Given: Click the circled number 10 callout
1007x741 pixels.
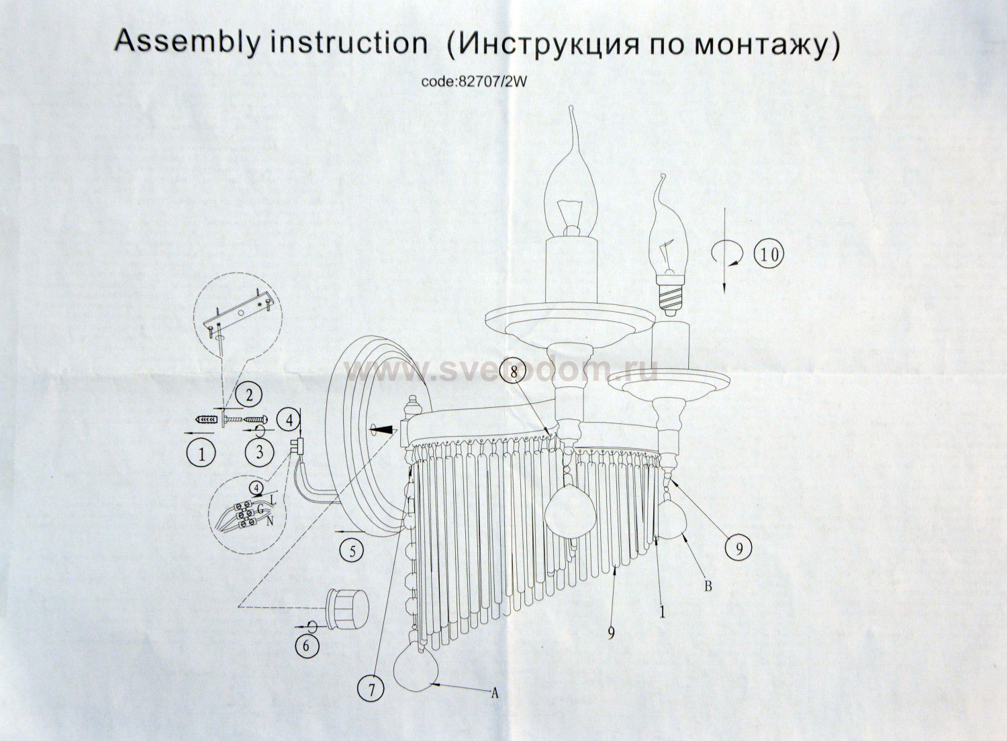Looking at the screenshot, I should pyautogui.click(x=767, y=255).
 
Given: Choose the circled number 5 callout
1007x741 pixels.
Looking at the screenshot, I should pyautogui.click(x=352, y=551).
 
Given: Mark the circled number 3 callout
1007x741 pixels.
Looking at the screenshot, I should pyautogui.click(x=260, y=451).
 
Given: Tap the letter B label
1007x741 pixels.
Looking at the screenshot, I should pyautogui.click(x=707, y=586).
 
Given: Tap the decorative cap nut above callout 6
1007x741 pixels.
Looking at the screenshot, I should pyautogui.click(x=347, y=609).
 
